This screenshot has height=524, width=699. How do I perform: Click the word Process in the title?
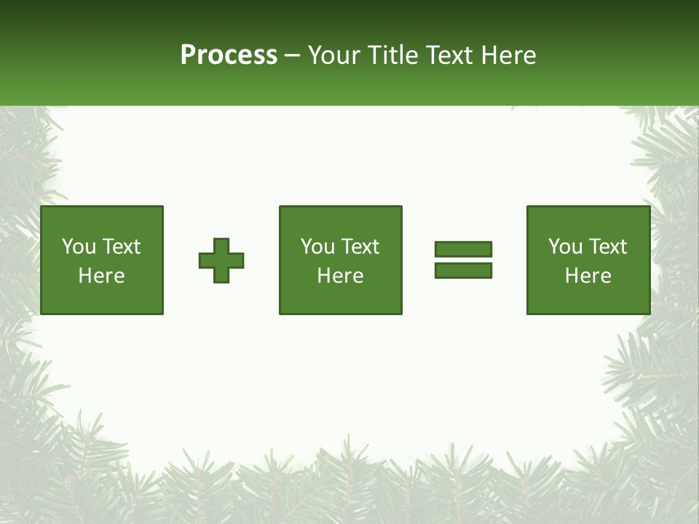tap(229, 55)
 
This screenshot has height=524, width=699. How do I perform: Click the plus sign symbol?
tap(221, 261)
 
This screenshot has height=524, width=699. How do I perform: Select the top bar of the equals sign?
tap(463, 249)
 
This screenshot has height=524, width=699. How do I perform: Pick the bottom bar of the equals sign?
tap(463, 271)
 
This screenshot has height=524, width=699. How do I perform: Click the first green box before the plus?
tap(102, 218)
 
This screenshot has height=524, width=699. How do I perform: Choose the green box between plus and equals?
tap(341, 218)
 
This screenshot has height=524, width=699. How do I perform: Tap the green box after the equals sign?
tap(588, 218)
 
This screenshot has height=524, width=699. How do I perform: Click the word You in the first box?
tap(79, 247)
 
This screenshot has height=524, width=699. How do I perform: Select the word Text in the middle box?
tap(360, 247)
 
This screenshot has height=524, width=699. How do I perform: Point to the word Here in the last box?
tap(588, 276)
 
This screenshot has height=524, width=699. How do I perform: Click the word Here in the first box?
tap(102, 276)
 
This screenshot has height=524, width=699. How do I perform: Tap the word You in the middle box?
tap(318, 247)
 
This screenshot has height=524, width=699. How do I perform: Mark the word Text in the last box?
tap(607, 247)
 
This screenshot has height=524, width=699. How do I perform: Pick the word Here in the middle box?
tap(341, 276)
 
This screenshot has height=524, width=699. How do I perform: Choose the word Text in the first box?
tap(121, 247)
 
